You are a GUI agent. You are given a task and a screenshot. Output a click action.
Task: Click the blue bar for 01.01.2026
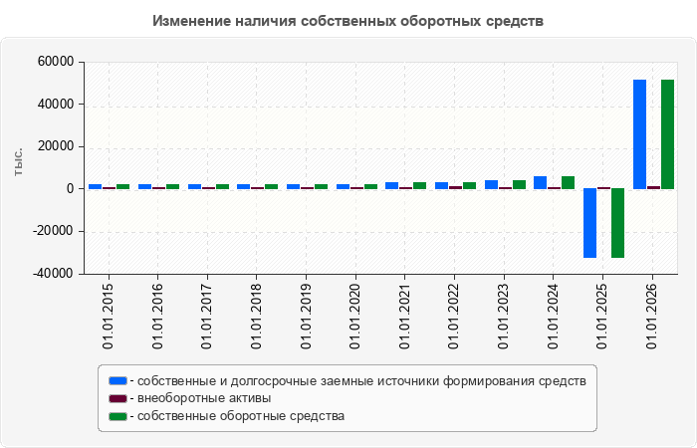pos(639,134)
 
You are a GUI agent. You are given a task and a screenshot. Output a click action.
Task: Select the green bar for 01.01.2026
pos(668,134)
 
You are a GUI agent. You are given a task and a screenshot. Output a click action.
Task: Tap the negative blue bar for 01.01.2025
pos(589,223)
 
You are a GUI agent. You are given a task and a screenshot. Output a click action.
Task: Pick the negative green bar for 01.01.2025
pos(618,223)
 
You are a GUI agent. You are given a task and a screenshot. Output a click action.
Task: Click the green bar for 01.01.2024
pos(569,182)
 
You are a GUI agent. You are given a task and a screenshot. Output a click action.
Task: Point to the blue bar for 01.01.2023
pos(491,184)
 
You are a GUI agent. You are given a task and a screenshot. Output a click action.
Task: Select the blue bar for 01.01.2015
pos(96,187)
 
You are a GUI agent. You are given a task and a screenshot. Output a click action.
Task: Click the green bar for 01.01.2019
pos(321,187)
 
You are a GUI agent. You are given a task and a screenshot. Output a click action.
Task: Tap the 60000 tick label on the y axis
pos(56,62)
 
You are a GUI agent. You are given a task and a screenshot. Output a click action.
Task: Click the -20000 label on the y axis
pos(54,231)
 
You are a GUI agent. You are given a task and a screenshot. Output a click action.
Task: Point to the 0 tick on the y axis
pos(71,189)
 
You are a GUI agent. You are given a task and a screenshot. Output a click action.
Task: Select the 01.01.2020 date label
pos(355,316)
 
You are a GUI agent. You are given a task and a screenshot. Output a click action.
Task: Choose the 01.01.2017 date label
pos(207,316)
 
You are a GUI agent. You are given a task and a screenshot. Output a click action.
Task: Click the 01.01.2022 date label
pos(454,316)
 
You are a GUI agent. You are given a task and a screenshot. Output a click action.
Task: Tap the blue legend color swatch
pos(117,381)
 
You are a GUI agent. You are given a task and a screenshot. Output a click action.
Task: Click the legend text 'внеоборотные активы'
pos(204,398)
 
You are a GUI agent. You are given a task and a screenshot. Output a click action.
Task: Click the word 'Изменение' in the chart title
pos(191,21)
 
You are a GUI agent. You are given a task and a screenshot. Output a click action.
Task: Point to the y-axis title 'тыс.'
pos(18,162)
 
